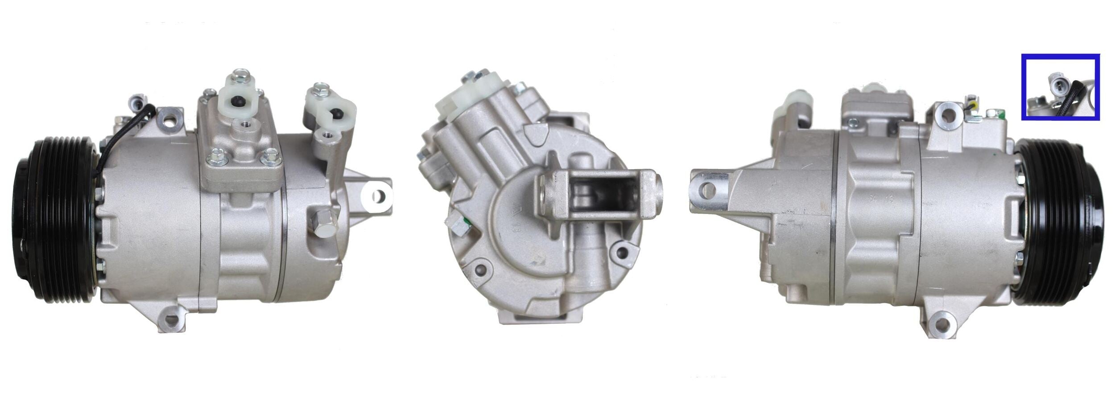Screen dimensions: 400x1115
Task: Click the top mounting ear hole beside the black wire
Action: pyautogui.click(x=170, y=119)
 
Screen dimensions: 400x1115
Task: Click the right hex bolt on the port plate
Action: pyautogui.click(x=270, y=155)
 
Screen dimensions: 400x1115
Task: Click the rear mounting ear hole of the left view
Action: pyautogui.click(x=377, y=196)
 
